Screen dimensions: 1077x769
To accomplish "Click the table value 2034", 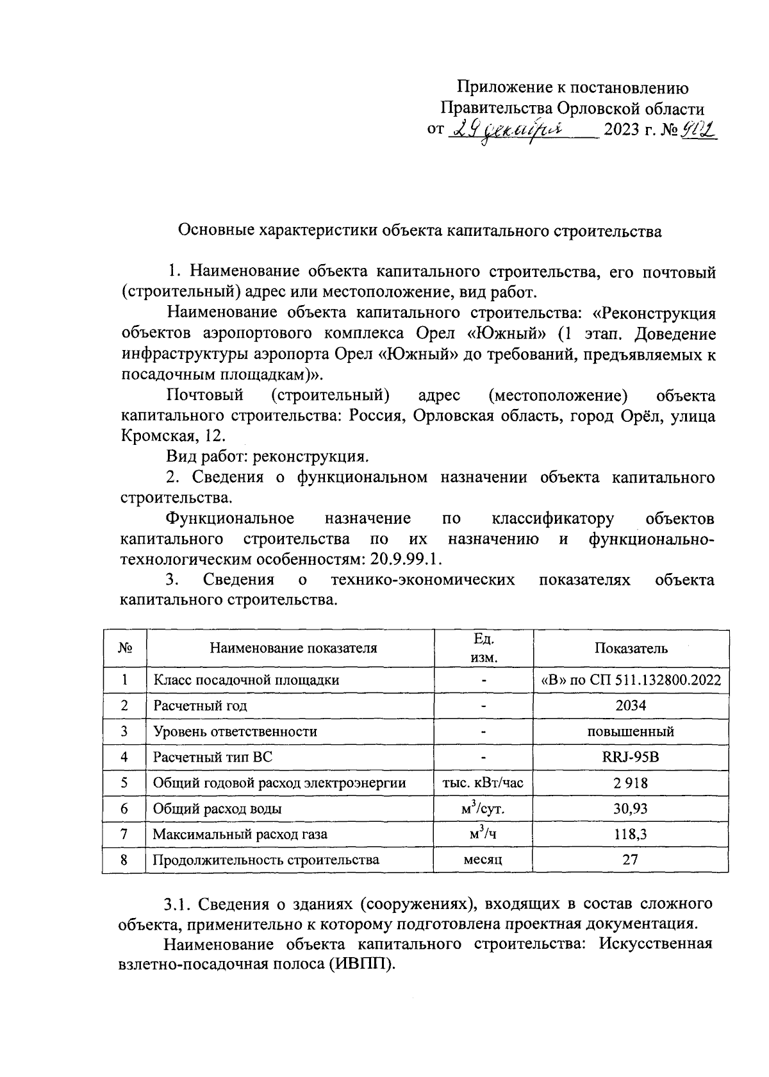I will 631,706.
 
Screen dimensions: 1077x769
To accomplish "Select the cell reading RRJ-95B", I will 631,757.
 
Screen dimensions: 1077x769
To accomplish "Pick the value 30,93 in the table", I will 631,808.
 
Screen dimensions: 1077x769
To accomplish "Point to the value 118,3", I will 631,834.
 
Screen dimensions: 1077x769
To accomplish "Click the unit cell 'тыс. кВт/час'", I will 483,783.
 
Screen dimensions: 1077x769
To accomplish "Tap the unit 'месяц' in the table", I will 483,860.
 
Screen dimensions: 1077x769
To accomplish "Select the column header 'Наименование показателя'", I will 293,648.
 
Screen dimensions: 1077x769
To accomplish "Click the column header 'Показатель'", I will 631,648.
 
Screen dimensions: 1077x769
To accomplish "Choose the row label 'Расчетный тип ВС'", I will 213,757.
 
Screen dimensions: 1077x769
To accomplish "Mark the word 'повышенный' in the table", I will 631,731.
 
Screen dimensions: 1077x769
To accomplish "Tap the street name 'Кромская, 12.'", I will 174,436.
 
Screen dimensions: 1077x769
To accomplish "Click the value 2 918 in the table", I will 631,783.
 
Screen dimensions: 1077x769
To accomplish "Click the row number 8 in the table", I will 124,860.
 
